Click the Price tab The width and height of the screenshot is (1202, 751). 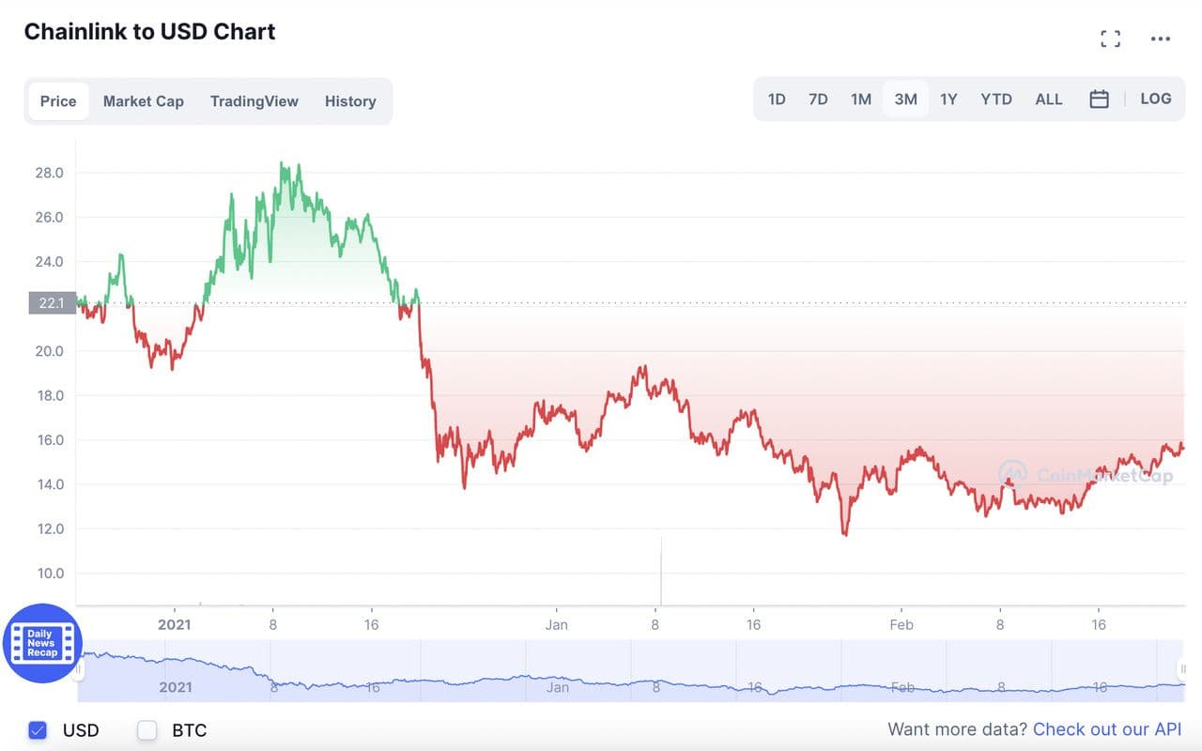pyautogui.click(x=58, y=101)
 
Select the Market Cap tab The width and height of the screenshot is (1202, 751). pyautogui.click(x=143, y=101)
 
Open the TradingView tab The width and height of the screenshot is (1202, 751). pyautogui.click(x=254, y=101)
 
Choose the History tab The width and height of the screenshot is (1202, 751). pyautogui.click(x=350, y=101)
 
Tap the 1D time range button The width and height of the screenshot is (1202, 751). pyautogui.click(x=777, y=100)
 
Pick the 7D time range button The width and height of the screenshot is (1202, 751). pyautogui.click(x=818, y=100)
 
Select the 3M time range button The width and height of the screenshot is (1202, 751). pyautogui.click(x=905, y=100)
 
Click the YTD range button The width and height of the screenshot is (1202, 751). pyautogui.click(x=995, y=100)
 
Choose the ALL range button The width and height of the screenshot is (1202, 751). pyautogui.click(x=1048, y=100)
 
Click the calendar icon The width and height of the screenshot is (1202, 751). pyautogui.click(x=1099, y=100)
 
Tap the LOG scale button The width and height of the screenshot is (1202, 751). pyautogui.click(x=1156, y=99)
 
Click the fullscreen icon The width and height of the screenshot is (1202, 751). pyautogui.click(x=1110, y=38)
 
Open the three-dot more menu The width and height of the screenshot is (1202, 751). pyautogui.click(x=1161, y=38)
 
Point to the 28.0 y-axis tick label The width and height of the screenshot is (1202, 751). pyautogui.click(x=49, y=173)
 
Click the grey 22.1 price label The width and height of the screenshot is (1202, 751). pyautogui.click(x=52, y=303)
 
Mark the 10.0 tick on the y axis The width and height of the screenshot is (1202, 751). pyautogui.click(x=49, y=574)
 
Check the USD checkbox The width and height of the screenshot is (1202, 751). pyautogui.click(x=38, y=729)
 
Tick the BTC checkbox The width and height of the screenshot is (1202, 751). pyautogui.click(x=147, y=729)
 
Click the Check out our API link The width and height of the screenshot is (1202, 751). pyautogui.click(x=1107, y=729)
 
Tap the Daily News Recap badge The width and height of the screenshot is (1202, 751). pyautogui.click(x=42, y=643)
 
